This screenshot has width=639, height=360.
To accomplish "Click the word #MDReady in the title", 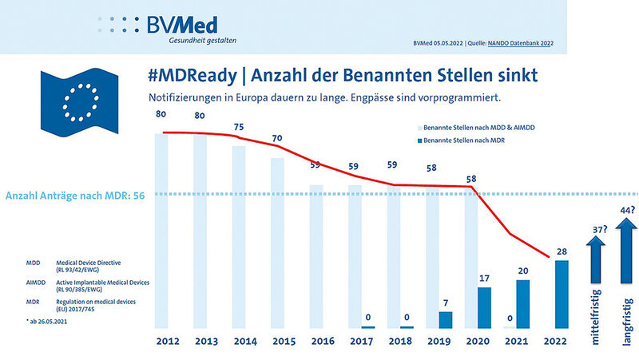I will [192, 77].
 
